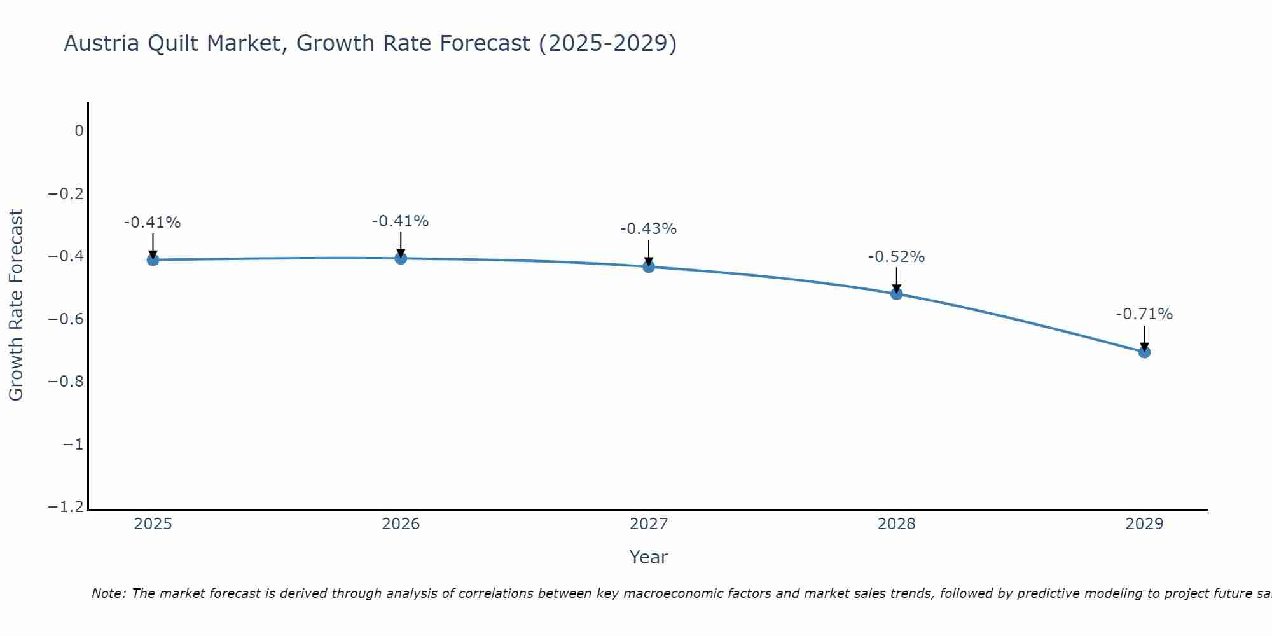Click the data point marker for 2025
(153, 259)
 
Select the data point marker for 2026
(401, 258)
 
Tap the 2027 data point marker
(649, 266)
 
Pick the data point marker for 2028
(897, 294)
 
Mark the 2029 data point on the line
(1144, 352)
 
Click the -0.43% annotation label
(648, 229)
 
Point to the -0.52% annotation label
(896, 257)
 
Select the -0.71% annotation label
(1144, 314)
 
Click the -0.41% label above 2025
(152, 223)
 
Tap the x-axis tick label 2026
(401, 524)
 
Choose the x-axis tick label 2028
(897, 524)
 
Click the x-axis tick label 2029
(1144, 524)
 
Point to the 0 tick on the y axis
(79, 131)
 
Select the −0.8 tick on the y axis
(66, 382)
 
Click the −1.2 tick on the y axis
(66, 507)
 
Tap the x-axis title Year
(648, 557)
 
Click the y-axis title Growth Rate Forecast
(16, 305)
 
